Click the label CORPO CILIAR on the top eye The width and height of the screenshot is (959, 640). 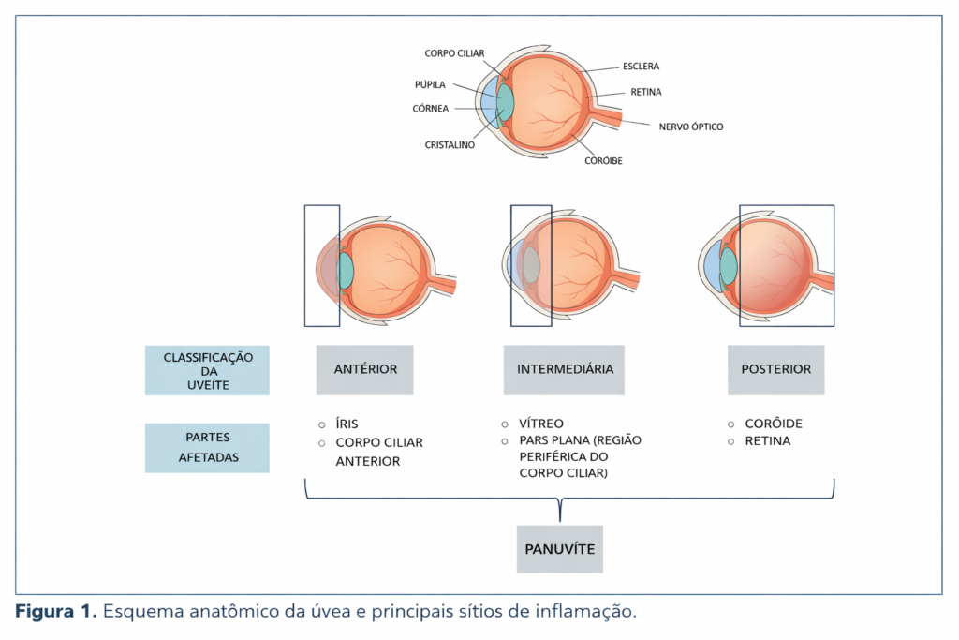click(454, 53)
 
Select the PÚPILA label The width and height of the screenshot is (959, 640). click(430, 84)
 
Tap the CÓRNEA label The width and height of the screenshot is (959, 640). click(431, 108)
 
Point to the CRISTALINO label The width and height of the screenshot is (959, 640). click(450, 145)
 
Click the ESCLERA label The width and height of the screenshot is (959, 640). click(641, 67)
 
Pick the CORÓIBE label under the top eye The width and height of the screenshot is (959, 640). click(603, 160)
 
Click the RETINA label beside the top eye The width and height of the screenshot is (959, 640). click(646, 92)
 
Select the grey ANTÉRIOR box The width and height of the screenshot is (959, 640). click(365, 369)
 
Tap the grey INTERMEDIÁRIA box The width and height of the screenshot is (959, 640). click(565, 369)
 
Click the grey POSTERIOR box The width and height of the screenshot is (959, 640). click(775, 369)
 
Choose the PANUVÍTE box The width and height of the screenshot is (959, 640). click(560, 548)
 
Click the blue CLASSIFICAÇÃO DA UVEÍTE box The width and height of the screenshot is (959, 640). click(207, 370)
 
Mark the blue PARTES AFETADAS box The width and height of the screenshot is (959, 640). click(207, 447)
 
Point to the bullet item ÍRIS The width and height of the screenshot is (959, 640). click(347, 424)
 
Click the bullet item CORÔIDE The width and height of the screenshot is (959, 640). click(774, 424)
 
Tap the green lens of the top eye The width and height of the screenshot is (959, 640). click(507, 102)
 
